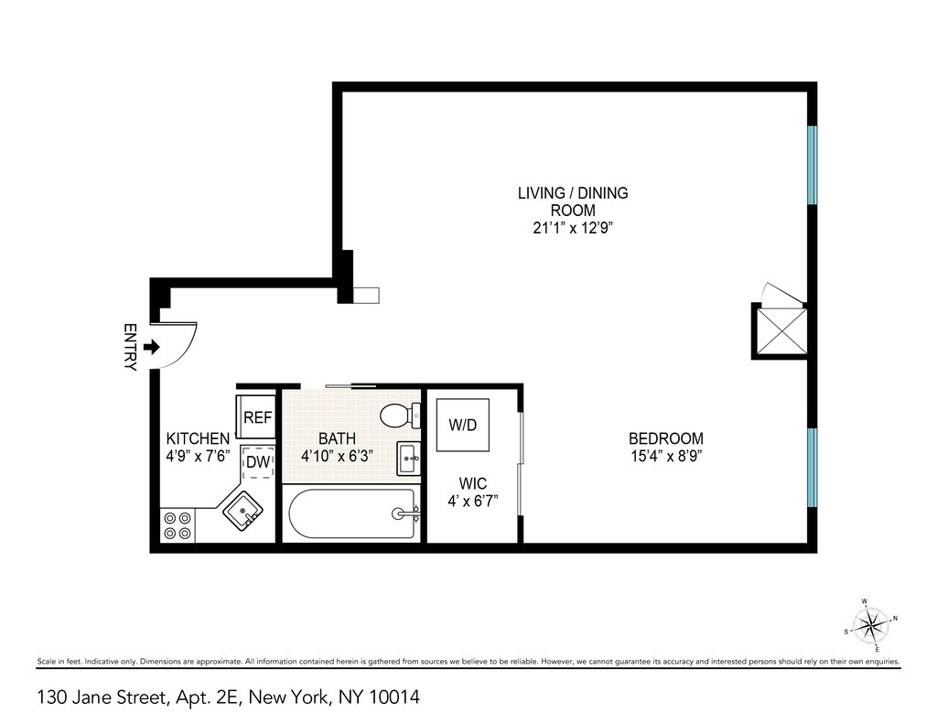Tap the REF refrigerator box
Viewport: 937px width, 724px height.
[x=257, y=416]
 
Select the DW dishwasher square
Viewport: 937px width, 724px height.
[x=258, y=461]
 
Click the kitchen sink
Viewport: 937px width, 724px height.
[x=243, y=511]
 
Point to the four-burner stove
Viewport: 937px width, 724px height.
[x=178, y=524]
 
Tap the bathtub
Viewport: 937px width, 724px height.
[x=352, y=513]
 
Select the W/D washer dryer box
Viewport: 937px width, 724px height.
[x=463, y=425]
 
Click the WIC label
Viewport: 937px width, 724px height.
[x=473, y=483]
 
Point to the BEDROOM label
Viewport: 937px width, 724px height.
[x=666, y=438]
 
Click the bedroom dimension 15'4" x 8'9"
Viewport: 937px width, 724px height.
[x=666, y=456]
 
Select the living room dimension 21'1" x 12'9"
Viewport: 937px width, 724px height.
[x=573, y=228]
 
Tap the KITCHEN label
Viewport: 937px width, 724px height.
[x=198, y=438]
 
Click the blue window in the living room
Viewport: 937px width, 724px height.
[x=812, y=165]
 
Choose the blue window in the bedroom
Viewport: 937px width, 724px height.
[x=812, y=468]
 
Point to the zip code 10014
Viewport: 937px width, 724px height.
[x=394, y=697]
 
